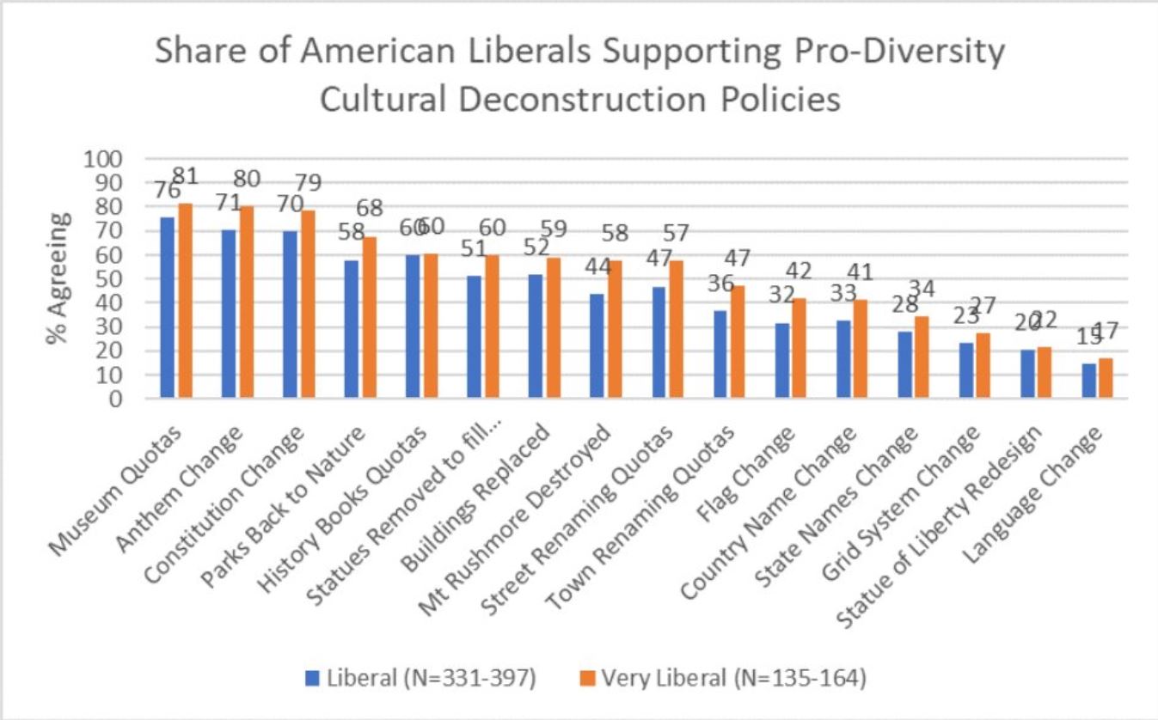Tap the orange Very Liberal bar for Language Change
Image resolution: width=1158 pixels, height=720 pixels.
point(1106,378)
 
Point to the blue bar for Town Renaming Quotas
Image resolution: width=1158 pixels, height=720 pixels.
point(720,355)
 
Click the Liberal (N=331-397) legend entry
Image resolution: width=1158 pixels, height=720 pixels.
point(421,679)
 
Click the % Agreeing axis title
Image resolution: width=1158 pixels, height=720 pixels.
point(58,279)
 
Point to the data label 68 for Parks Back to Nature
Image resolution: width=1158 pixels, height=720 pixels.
point(368,209)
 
